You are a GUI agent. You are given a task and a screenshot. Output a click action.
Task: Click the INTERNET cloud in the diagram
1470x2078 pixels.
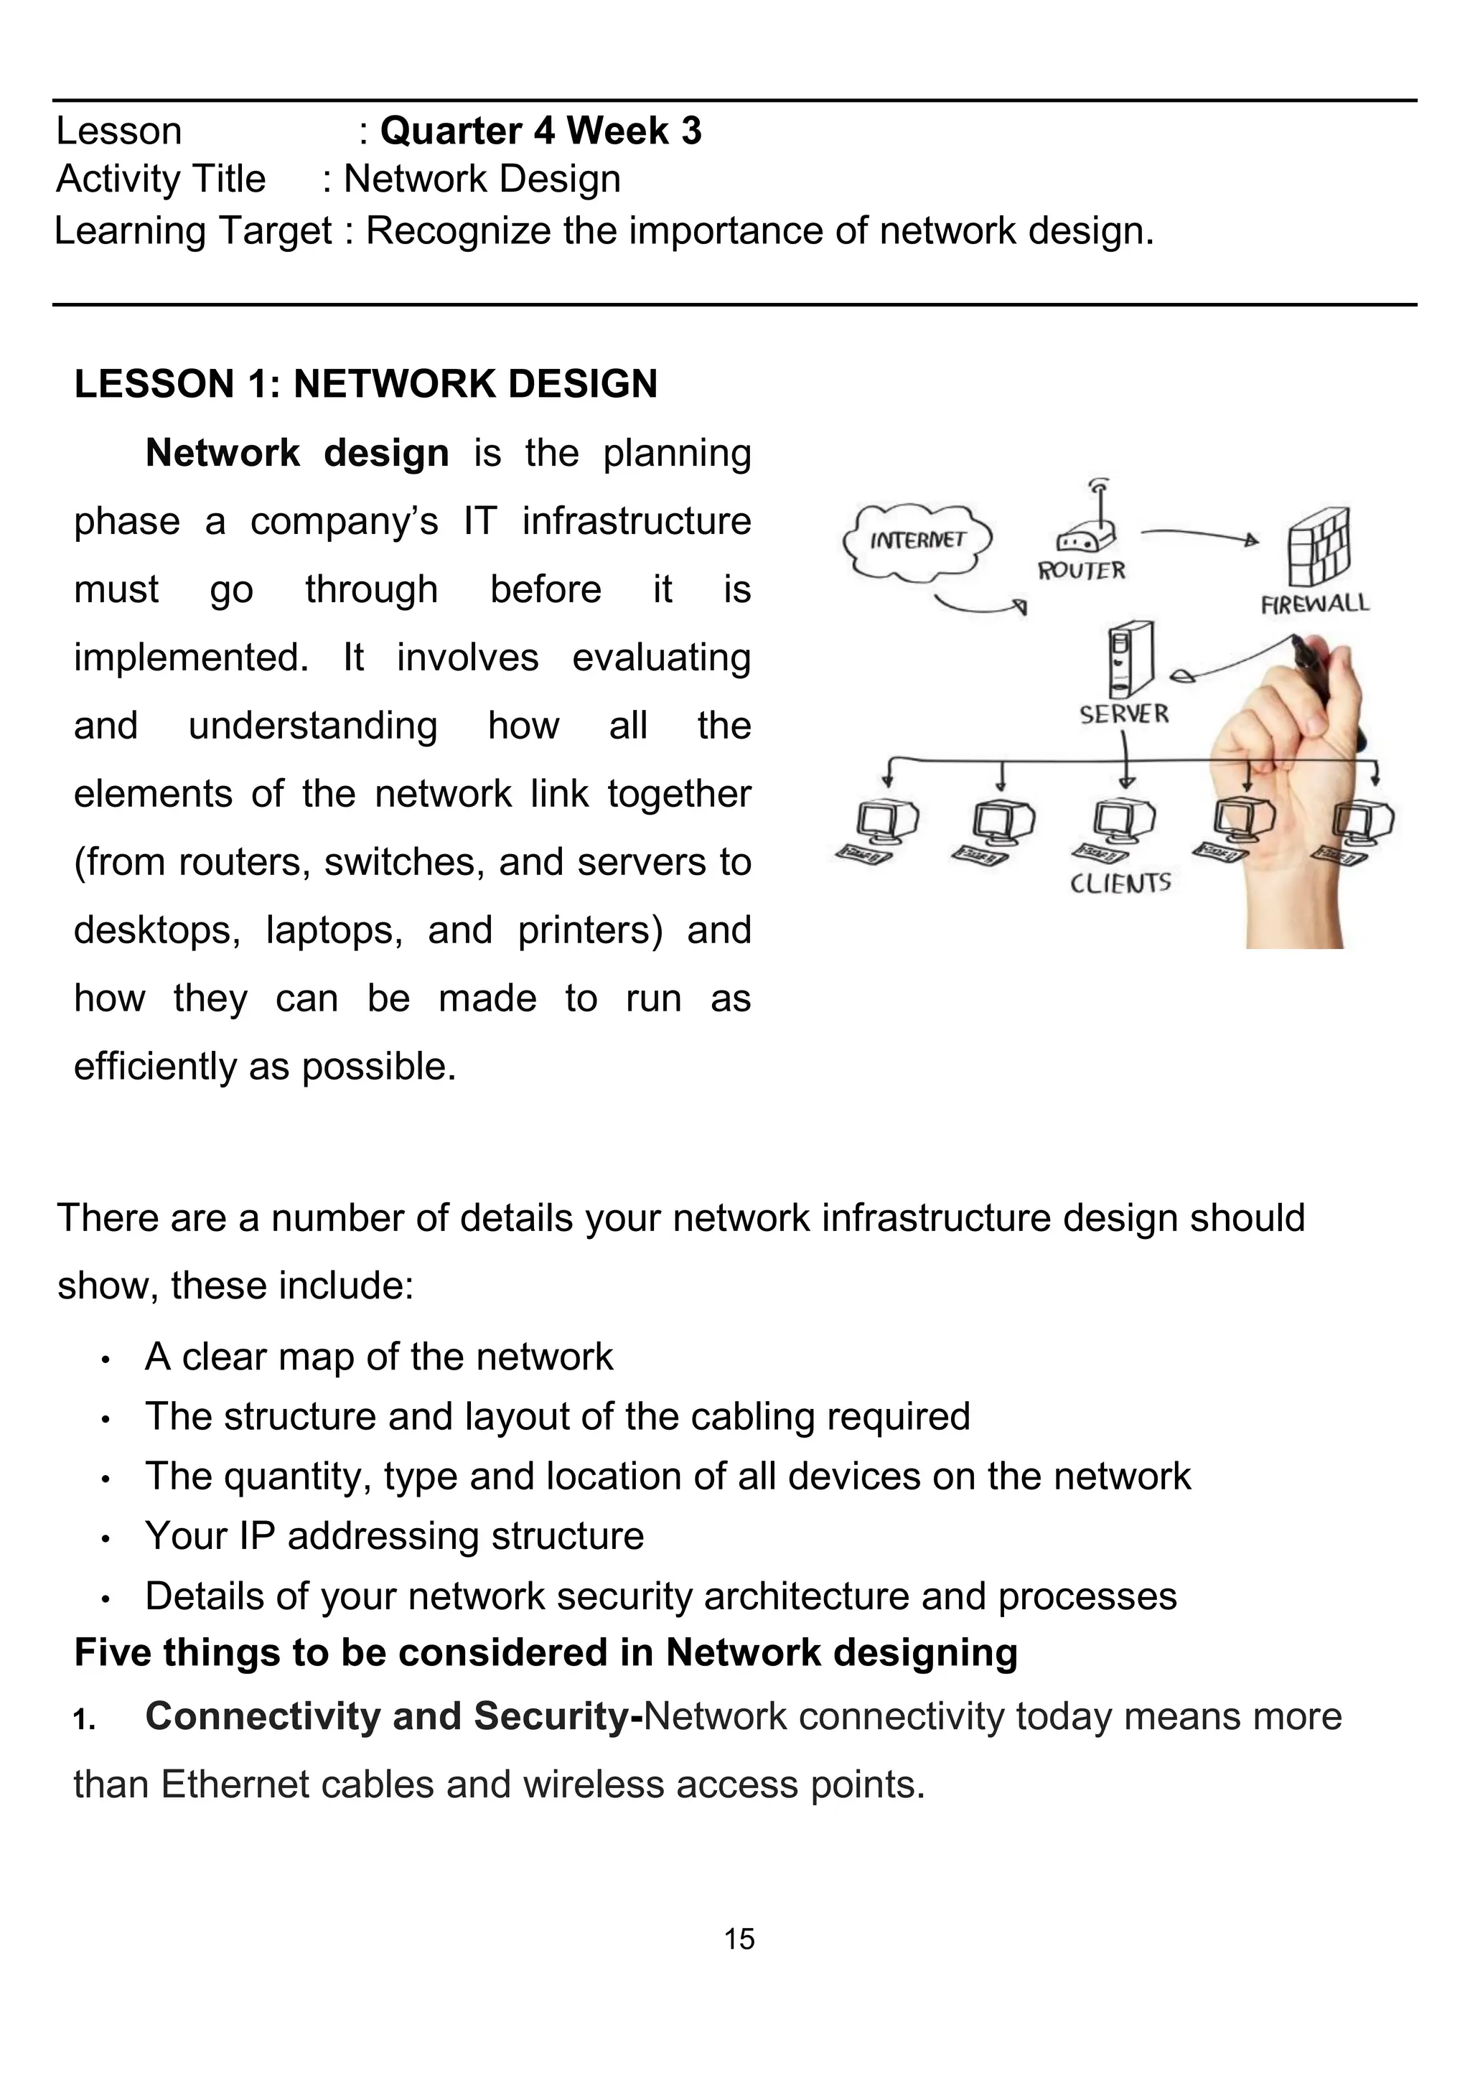click(x=916, y=541)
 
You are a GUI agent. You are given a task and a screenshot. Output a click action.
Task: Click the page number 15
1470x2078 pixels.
click(x=739, y=1939)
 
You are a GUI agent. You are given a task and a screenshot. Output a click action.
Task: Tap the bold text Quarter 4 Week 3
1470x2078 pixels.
click(x=540, y=131)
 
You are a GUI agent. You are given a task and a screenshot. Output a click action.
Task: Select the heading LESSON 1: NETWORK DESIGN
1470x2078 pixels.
click(x=365, y=384)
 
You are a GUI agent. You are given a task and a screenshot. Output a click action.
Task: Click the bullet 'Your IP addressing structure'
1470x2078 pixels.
click(x=394, y=1536)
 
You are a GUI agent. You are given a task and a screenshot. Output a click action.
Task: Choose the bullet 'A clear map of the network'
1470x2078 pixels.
click(x=378, y=1357)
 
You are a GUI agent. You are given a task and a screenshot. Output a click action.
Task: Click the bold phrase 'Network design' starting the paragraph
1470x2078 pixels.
click(x=297, y=452)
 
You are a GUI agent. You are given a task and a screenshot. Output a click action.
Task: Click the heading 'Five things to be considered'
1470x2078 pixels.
click(x=545, y=1652)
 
